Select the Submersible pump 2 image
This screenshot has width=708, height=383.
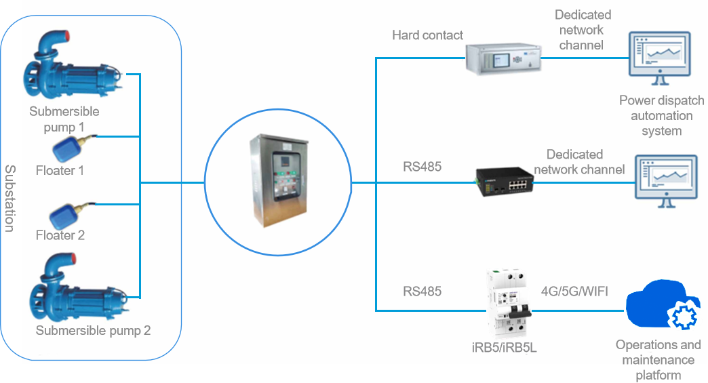pos(71,288)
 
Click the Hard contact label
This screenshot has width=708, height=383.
pos(427,35)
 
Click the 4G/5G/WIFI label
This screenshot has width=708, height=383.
pos(574,292)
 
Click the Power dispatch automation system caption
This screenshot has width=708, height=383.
pos(661,115)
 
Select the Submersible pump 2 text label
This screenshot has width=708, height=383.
pos(93,331)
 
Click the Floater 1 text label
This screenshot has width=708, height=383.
pos(60,170)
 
